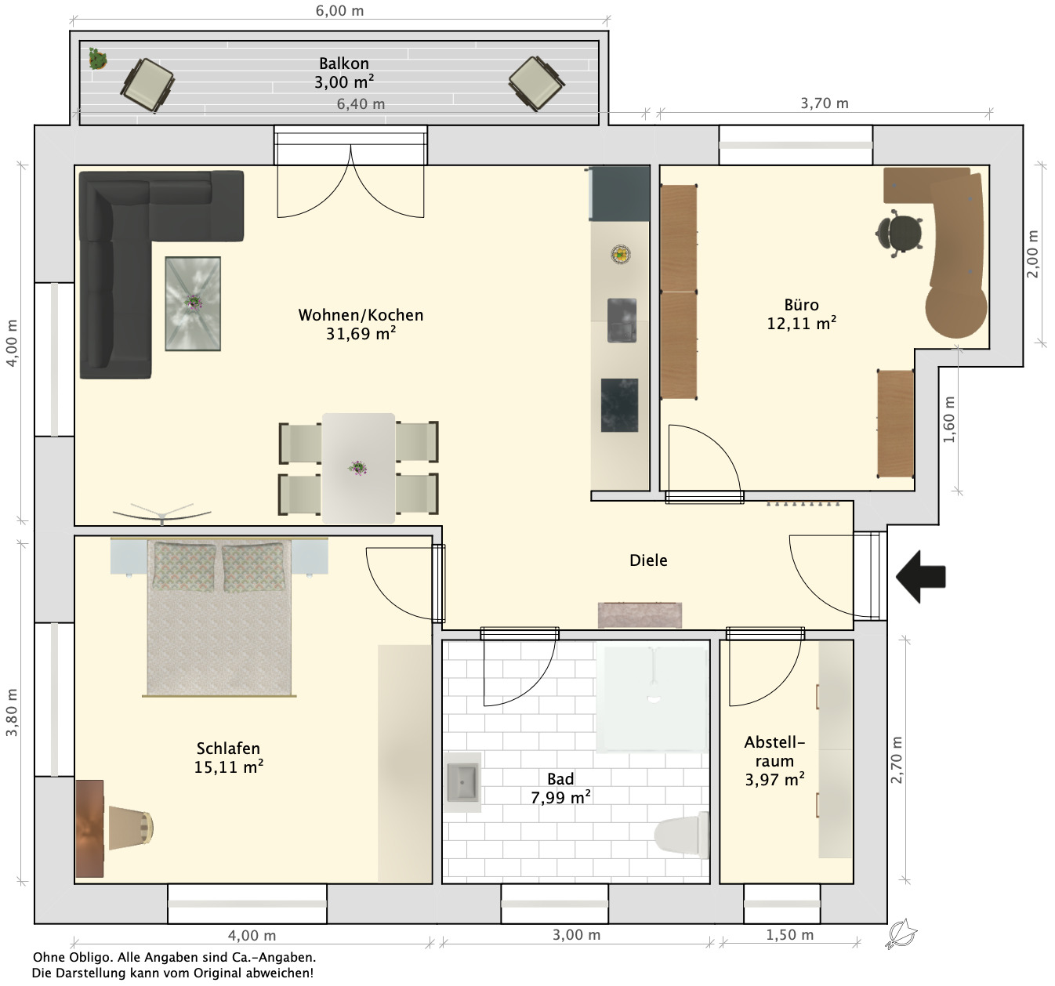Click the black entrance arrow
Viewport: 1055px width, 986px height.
point(920,576)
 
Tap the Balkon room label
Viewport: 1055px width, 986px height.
point(344,63)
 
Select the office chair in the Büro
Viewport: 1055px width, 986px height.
point(899,234)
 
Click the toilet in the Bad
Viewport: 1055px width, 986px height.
point(682,835)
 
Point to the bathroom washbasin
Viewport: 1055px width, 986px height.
point(462,782)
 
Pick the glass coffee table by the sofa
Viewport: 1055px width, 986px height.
point(193,303)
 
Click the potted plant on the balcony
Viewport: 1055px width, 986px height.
point(98,59)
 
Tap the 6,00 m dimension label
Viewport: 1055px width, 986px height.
point(340,11)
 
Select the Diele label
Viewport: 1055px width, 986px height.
point(648,560)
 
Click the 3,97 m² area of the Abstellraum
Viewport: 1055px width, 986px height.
point(774,779)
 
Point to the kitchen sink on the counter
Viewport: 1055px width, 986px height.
point(622,321)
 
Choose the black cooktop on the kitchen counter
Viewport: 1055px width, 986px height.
point(619,404)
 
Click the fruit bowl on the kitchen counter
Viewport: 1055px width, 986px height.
point(621,254)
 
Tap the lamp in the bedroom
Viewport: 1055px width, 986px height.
point(131,828)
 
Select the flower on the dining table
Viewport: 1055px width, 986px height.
point(357,468)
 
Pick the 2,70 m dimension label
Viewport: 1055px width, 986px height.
point(896,760)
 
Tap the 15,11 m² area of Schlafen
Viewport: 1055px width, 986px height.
point(228,767)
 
